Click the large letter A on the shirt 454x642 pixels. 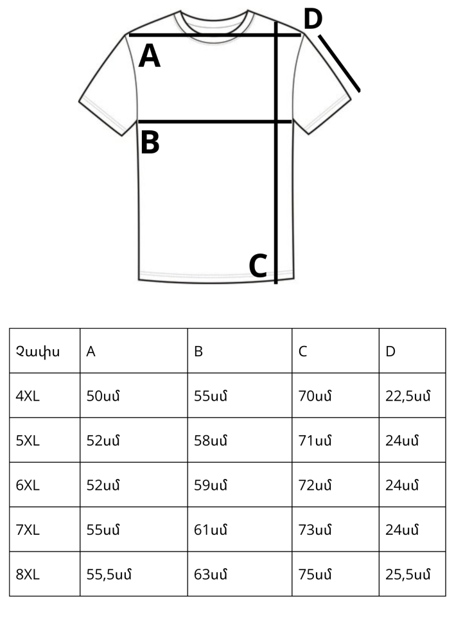(x=150, y=56)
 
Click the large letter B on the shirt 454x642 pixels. (x=150, y=143)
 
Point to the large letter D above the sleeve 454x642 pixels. (x=313, y=19)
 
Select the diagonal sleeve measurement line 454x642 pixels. (x=339, y=64)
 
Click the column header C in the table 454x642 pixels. (x=302, y=351)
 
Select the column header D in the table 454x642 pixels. (x=390, y=351)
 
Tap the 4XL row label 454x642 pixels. (x=28, y=396)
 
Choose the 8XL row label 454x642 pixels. (x=28, y=575)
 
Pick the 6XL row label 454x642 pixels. (x=28, y=485)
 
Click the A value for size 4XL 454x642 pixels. (x=103, y=396)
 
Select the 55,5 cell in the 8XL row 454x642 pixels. (x=109, y=575)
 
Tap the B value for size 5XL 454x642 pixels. (x=211, y=440)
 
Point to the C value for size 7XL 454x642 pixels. (x=315, y=530)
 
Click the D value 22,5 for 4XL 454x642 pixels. (x=408, y=396)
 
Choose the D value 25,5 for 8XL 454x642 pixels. (x=408, y=575)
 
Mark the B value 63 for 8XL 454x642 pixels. (x=211, y=575)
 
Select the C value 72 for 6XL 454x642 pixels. (x=315, y=485)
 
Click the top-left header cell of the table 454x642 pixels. (x=44, y=351)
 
